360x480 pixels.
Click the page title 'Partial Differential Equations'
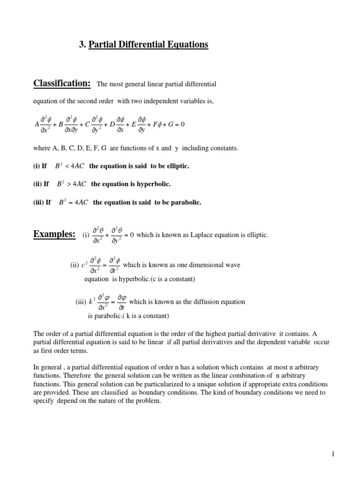click(x=148, y=45)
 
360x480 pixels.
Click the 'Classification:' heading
click(x=62, y=83)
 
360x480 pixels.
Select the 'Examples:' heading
click(x=54, y=234)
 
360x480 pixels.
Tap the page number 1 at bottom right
click(x=331, y=454)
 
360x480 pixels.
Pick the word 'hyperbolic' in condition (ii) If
click(x=155, y=184)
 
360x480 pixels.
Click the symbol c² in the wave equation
click(x=84, y=265)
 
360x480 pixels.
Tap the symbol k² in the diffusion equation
click(x=91, y=301)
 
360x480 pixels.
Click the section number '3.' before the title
click(x=82, y=45)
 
